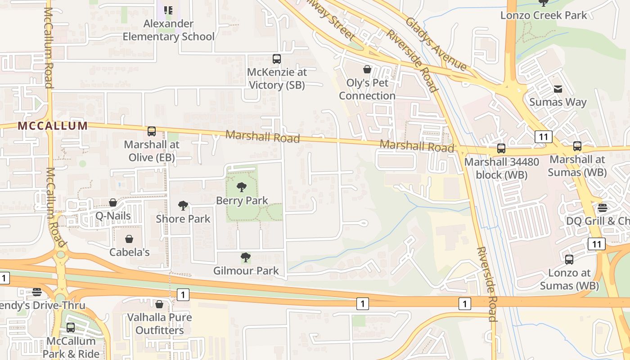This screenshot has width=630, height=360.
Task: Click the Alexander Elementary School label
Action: tap(168, 30)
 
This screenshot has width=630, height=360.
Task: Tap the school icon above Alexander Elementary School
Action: tap(168, 10)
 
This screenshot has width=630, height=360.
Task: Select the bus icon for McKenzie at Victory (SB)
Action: tap(277, 59)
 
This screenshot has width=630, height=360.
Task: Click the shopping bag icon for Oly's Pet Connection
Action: tap(367, 69)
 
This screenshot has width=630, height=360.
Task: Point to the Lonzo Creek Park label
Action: tap(544, 15)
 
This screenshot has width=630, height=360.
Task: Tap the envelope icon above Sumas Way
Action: tap(558, 89)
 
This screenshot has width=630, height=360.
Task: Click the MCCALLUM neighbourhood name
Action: tap(53, 126)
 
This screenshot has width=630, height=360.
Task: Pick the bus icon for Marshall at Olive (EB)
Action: tap(152, 131)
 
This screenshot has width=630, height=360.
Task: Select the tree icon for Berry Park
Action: tap(242, 187)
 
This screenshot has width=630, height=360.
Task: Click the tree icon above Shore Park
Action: tap(183, 206)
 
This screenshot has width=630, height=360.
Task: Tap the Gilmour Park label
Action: tap(246, 271)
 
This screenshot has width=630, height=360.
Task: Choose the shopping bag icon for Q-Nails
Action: tap(113, 202)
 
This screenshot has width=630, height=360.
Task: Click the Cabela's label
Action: tap(130, 252)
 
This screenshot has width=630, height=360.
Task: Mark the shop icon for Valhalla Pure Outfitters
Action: tap(159, 304)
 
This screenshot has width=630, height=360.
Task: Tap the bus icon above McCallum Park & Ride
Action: tap(71, 328)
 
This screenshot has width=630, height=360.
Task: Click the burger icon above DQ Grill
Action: tap(603, 208)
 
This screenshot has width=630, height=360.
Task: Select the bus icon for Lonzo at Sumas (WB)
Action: tap(569, 260)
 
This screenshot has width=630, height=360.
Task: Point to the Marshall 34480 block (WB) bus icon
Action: tap(501, 148)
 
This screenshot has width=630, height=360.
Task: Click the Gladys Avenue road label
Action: tap(436, 44)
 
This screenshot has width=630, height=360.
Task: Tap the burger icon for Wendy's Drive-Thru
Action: tap(37, 292)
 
